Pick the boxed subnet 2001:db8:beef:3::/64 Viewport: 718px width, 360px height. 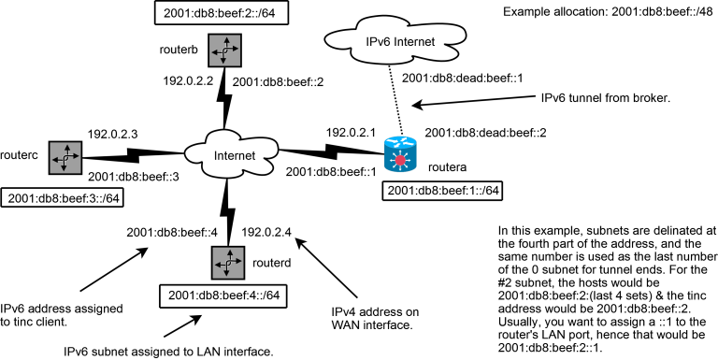[x=63, y=197]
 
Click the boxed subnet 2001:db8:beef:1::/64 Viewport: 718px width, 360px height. [x=443, y=191]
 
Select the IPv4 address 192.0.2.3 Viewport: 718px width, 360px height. [x=113, y=134]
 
